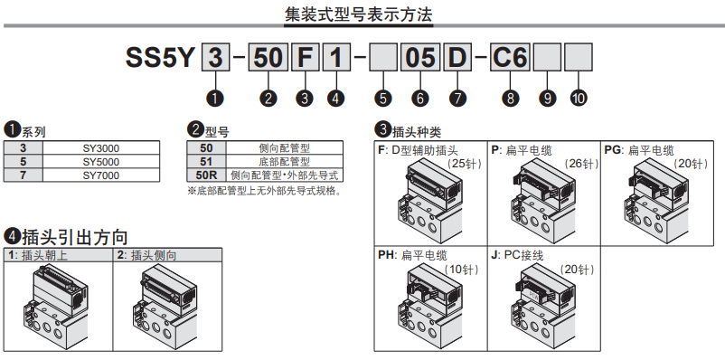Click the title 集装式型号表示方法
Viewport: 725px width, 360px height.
point(358,14)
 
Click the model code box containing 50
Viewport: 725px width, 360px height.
point(268,58)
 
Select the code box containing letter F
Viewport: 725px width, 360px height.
point(306,58)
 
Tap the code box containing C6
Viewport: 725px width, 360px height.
point(510,58)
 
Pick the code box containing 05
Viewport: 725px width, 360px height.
point(420,58)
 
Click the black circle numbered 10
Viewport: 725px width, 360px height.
point(579,98)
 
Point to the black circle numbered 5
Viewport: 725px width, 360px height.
point(383,98)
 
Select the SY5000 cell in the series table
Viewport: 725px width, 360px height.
point(101,162)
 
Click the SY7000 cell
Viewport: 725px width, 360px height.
point(101,175)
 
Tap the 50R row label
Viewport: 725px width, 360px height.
point(206,175)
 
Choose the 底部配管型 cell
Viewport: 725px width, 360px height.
point(285,162)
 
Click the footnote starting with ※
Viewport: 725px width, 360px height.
point(264,191)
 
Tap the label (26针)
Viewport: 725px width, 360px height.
point(581,164)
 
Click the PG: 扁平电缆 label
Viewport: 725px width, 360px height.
point(639,150)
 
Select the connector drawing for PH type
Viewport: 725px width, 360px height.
point(430,308)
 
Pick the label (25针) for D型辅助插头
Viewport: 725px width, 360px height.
point(465,164)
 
